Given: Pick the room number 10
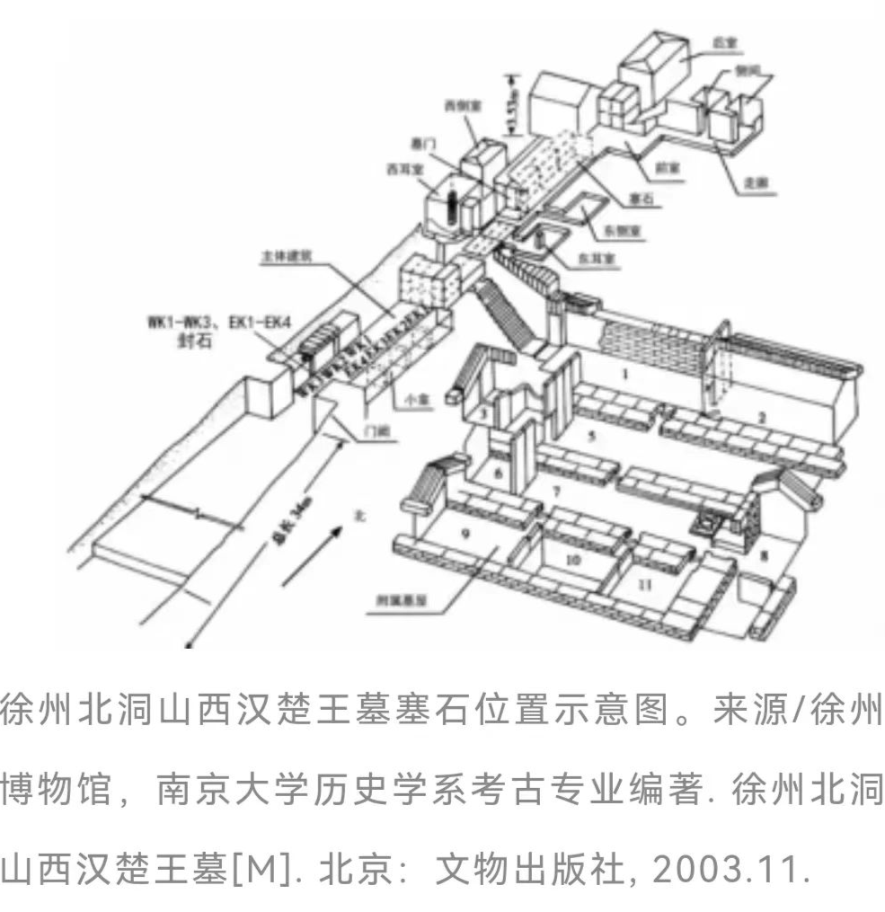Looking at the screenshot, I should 576,559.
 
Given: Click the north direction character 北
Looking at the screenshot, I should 360,518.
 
